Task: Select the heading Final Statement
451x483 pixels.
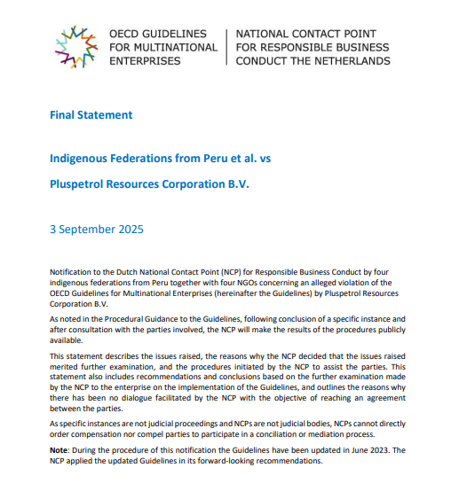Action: [x=91, y=115]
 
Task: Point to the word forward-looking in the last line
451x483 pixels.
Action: [x=213, y=462]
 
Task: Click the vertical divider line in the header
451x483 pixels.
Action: [x=227, y=46]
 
